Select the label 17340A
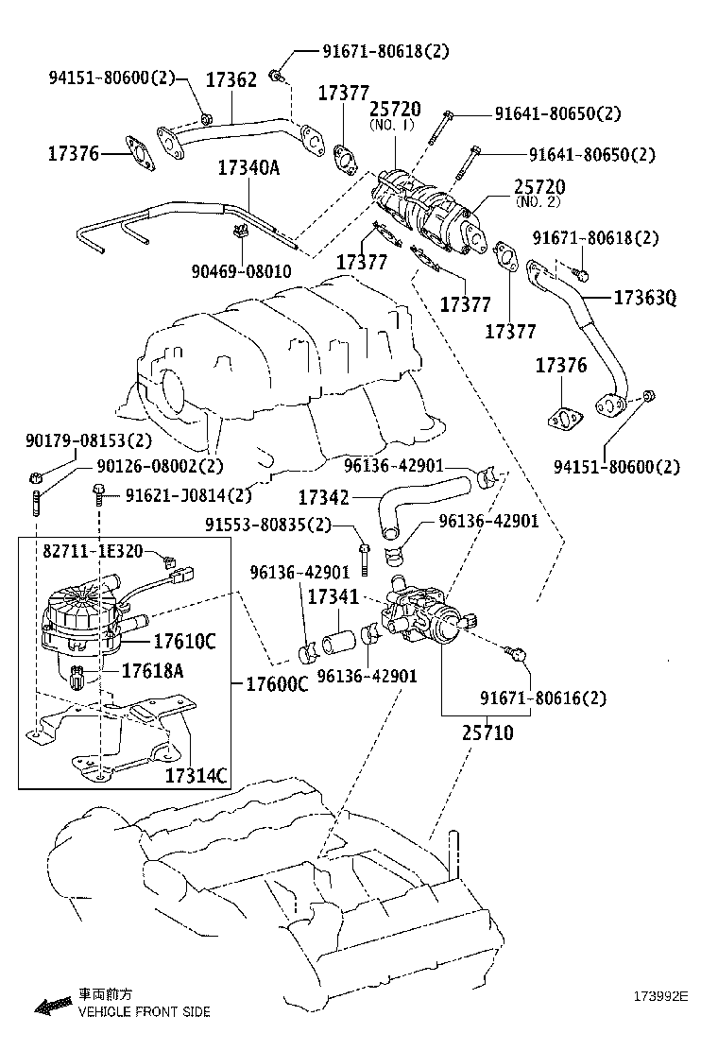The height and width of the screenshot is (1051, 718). [249, 167]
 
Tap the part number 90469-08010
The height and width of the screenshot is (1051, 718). [242, 272]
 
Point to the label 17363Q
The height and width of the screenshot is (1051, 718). [645, 298]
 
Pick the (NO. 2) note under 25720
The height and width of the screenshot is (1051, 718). [538, 201]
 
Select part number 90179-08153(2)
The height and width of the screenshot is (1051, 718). [88, 441]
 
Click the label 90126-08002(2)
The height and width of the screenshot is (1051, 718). [160, 466]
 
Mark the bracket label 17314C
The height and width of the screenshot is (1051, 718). [197, 776]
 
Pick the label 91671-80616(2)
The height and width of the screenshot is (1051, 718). [542, 698]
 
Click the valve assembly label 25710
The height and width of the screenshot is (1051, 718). [488, 732]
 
